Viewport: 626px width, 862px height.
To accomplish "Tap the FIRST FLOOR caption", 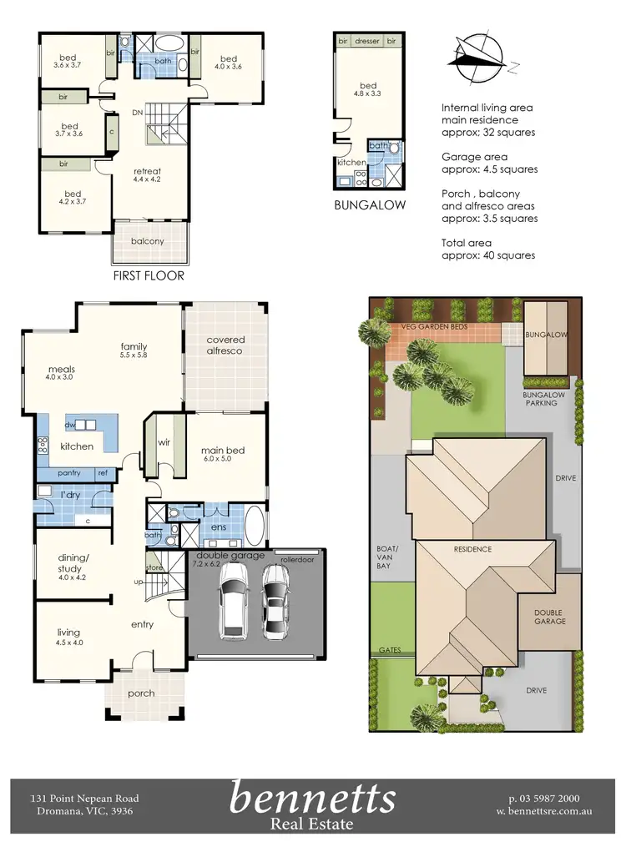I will click(148, 275).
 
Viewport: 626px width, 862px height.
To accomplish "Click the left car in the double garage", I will click(233, 601).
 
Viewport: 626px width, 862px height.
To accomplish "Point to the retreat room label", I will click(147, 172).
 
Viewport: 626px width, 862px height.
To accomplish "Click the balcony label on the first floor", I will click(147, 241).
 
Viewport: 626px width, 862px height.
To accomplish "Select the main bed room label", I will click(223, 451).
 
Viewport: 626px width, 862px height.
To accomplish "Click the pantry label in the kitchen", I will click(69, 473).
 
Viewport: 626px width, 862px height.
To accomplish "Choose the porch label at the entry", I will click(140, 693).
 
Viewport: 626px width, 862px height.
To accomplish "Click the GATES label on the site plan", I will click(389, 648).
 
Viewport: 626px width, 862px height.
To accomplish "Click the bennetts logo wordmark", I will click(312, 798).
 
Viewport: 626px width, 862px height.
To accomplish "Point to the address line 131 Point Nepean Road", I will click(84, 799).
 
